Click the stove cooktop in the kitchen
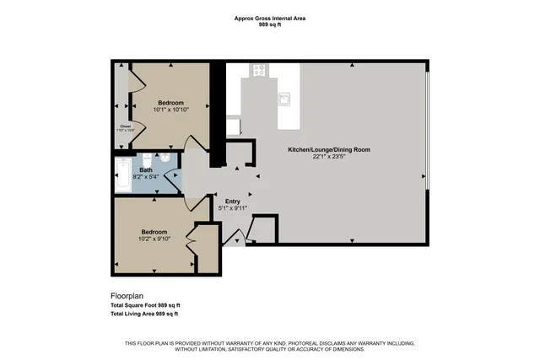point(259,71)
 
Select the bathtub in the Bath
point(124,174)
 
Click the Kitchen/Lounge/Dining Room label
point(329,149)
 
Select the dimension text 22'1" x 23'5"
point(329,157)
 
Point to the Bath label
point(146,169)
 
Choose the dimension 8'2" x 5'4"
point(146,176)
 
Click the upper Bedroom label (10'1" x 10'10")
point(170,102)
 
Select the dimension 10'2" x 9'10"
point(154,239)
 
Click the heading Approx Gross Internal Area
point(269,18)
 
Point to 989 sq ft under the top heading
point(269,25)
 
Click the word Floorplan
point(128,296)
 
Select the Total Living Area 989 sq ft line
point(144,314)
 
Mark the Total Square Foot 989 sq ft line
point(146,305)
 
